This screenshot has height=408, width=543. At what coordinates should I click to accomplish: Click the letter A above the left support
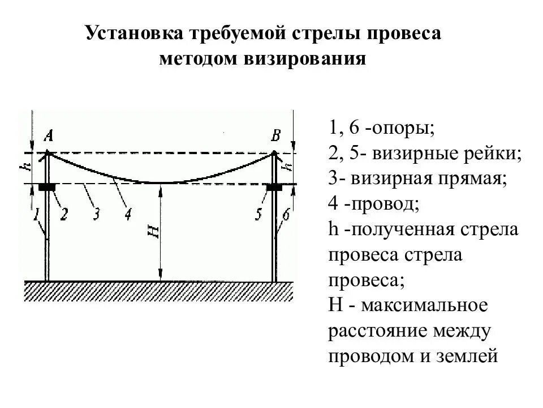coord(49,136)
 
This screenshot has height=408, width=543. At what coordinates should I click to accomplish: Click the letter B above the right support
coord(276,136)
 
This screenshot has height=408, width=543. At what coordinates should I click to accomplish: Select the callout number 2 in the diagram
coord(63,214)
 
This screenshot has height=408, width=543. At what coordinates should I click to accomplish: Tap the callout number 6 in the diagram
coord(286,214)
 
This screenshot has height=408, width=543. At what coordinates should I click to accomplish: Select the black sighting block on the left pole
coord(47,186)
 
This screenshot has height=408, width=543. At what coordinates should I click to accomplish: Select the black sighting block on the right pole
coord(274,186)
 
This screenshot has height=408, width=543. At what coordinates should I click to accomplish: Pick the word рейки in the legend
coord(493,154)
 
